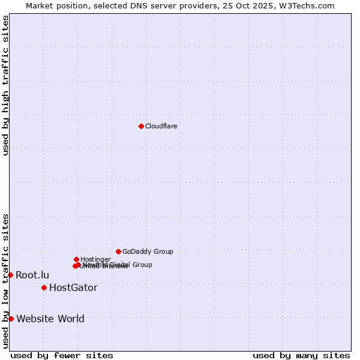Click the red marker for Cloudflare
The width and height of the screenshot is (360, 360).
click(141, 126)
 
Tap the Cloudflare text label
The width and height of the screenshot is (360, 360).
click(161, 126)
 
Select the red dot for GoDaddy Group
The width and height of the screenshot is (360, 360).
click(118, 251)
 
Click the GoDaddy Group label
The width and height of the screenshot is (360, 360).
click(148, 252)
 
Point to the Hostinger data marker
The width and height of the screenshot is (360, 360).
click(76, 259)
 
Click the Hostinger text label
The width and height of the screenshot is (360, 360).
click(95, 259)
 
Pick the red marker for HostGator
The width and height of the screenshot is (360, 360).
click(44, 287)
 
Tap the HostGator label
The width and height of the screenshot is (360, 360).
click(73, 288)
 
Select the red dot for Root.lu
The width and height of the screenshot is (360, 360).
click(10, 275)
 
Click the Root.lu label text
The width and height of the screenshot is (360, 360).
click(32, 275)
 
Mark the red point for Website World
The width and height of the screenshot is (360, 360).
click(11, 319)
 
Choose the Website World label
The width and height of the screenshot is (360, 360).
click(50, 319)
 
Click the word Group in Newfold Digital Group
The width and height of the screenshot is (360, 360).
click(142, 265)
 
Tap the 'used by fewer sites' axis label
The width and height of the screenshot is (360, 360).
click(62, 356)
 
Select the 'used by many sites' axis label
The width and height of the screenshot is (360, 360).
click(301, 356)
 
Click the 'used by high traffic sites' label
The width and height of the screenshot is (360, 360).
click(5, 85)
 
